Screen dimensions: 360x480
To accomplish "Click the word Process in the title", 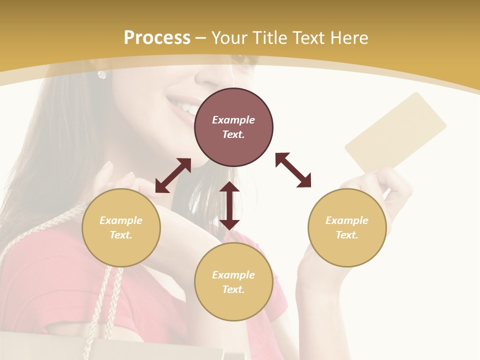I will point(157,38).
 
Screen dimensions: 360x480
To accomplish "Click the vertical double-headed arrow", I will point(229,205).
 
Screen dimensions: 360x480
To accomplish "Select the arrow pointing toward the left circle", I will point(173,175).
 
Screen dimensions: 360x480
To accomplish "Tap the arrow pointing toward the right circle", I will point(293,170).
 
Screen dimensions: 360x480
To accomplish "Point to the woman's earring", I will point(102,74).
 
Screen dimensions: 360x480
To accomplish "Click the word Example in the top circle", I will point(233,120).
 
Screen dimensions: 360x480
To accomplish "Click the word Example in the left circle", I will point(121,220).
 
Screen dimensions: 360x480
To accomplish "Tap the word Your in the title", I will point(229,38).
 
